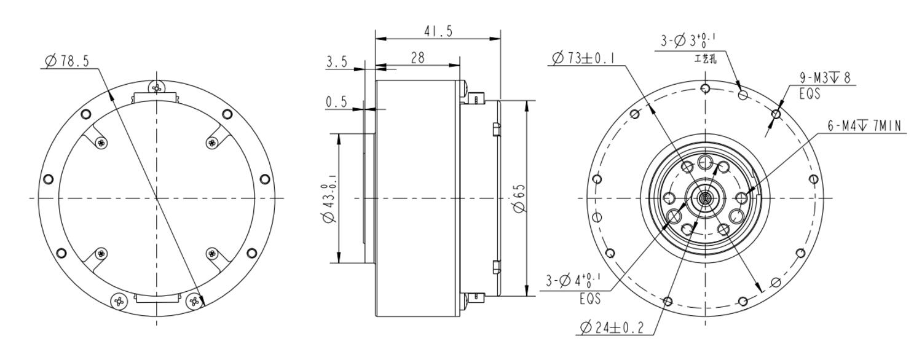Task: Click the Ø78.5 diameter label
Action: [68, 61]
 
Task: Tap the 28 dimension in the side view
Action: [417, 58]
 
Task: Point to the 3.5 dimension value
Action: [337, 62]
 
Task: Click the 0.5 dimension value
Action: [337, 103]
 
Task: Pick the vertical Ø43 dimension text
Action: [328, 198]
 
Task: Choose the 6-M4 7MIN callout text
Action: [864, 126]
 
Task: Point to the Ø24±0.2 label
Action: [611, 328]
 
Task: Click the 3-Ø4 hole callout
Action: [573, 281]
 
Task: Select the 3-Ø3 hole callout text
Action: [688, 42]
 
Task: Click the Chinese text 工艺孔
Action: [705, 59]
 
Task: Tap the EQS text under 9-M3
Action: [810, 95]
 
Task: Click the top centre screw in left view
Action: [157, 88]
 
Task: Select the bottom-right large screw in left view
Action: [195, 300]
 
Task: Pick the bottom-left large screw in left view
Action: [118, 300]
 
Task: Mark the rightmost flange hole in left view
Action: [265, 179]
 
